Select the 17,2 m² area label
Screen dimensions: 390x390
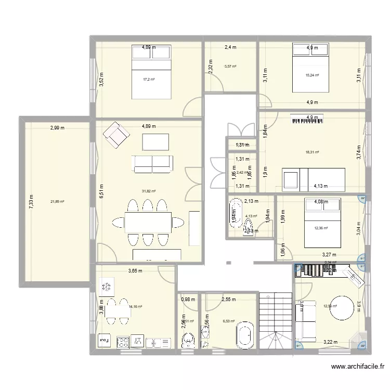coord(149,79)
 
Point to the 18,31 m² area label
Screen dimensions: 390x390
coord(313,152)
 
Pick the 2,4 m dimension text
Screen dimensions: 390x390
coord(230,48)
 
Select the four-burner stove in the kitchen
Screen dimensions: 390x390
coord(123,342)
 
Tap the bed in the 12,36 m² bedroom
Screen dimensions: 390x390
coord(321,226)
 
